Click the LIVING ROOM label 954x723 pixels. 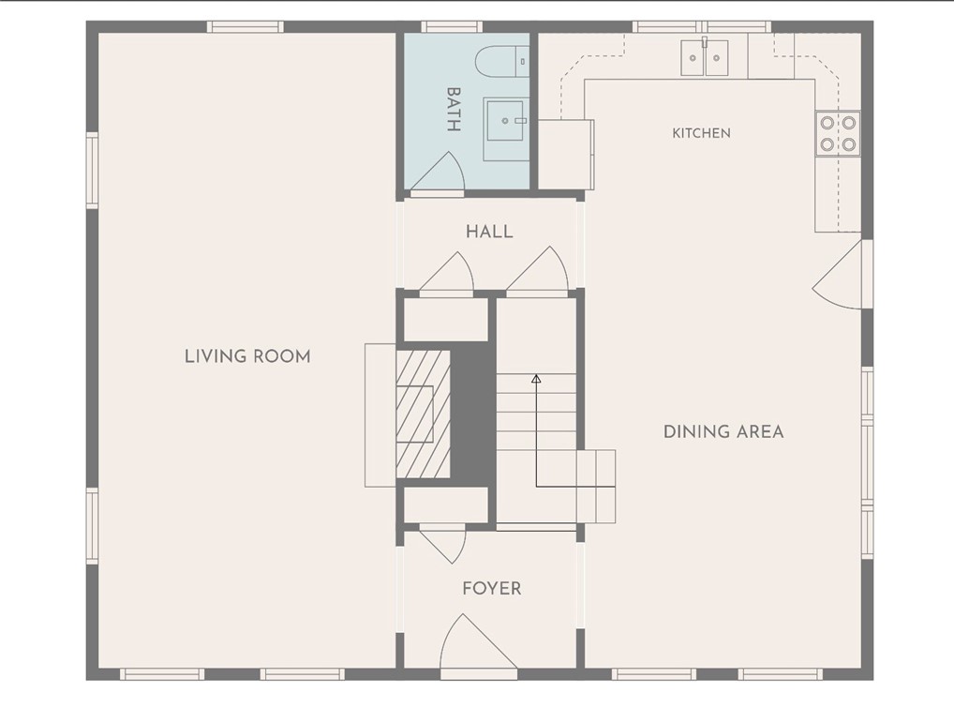click(x=247, y=356)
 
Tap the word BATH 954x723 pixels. click(x=454, y=110)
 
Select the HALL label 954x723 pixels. click(x=489, y=232)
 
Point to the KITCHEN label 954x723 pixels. click(x=702, y=132)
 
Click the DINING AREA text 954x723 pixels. click(x=723, y=431)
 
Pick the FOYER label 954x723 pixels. click(x=492, y=589)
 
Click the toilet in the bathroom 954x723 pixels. click(x=502, y=62)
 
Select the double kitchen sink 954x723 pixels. click(x=705, y=57)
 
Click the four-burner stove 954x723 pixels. click(x=838, y=133)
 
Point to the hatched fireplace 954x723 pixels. click(x=423, y=414)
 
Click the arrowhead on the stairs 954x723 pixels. click(x=536, y=379)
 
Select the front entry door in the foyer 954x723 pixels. click(x=479, y=645)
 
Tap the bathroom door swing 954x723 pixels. click(x=438, y=173)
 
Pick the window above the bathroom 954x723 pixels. click(x=452, y=26)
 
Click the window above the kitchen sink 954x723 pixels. click(x=702, y=26)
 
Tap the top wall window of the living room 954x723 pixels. click(x=245, y=26)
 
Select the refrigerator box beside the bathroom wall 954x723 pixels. click(x=565, y=154)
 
